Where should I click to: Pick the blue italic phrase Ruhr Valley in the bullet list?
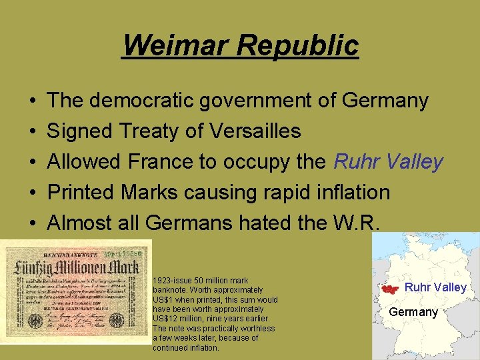pos(388,162)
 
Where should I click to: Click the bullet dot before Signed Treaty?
pos(33,132)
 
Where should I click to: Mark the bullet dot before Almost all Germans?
pos(33,224)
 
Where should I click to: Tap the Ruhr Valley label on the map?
pos(435,287)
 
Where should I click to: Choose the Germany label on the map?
pos(413,312)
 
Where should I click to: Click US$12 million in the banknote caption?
pos(175,319)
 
